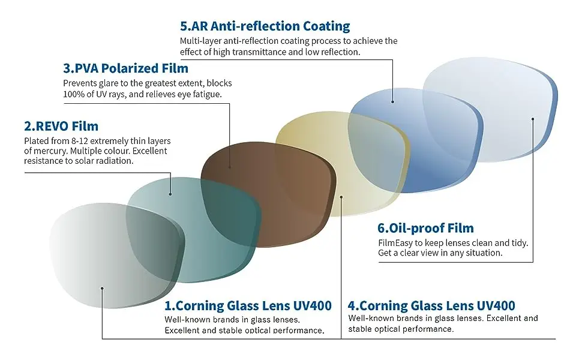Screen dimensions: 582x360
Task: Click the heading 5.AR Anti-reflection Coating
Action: [265, 26]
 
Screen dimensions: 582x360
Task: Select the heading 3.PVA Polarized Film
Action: [126, 68]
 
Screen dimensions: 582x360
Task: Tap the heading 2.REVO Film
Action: [61, 126]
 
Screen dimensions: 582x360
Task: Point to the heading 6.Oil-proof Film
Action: [426, 228]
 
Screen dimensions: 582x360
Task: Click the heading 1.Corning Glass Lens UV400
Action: [248, 305]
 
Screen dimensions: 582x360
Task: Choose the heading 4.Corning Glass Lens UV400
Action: [431, 305]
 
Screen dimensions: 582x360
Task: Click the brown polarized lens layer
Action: [268, 194]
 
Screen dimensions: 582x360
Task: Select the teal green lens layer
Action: [193, 230]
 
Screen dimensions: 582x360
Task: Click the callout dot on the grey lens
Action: [102, 288]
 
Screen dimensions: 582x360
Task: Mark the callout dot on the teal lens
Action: [170, 194]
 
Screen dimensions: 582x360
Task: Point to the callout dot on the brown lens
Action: [230, 167]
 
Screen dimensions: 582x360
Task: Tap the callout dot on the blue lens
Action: [393, 101]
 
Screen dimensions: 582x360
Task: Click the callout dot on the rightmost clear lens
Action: [533, 119]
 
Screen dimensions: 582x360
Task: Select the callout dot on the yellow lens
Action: [341, 197]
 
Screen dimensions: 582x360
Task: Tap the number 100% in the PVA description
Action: [73, 94]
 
